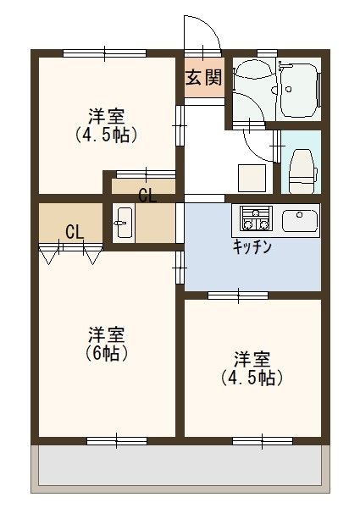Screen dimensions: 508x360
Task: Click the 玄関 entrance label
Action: click(203, 79)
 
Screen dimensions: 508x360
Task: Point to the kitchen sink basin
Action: click(299, 221)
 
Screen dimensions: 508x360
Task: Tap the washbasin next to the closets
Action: click(124, 224)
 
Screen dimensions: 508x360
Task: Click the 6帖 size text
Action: click(108, 353)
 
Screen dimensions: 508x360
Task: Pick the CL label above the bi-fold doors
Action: click(74, 231)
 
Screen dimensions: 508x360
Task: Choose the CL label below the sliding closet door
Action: click(147, 196)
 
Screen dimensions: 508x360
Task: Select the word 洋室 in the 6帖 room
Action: click(108, 334)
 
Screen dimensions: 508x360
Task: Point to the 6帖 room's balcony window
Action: click(115, 439)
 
